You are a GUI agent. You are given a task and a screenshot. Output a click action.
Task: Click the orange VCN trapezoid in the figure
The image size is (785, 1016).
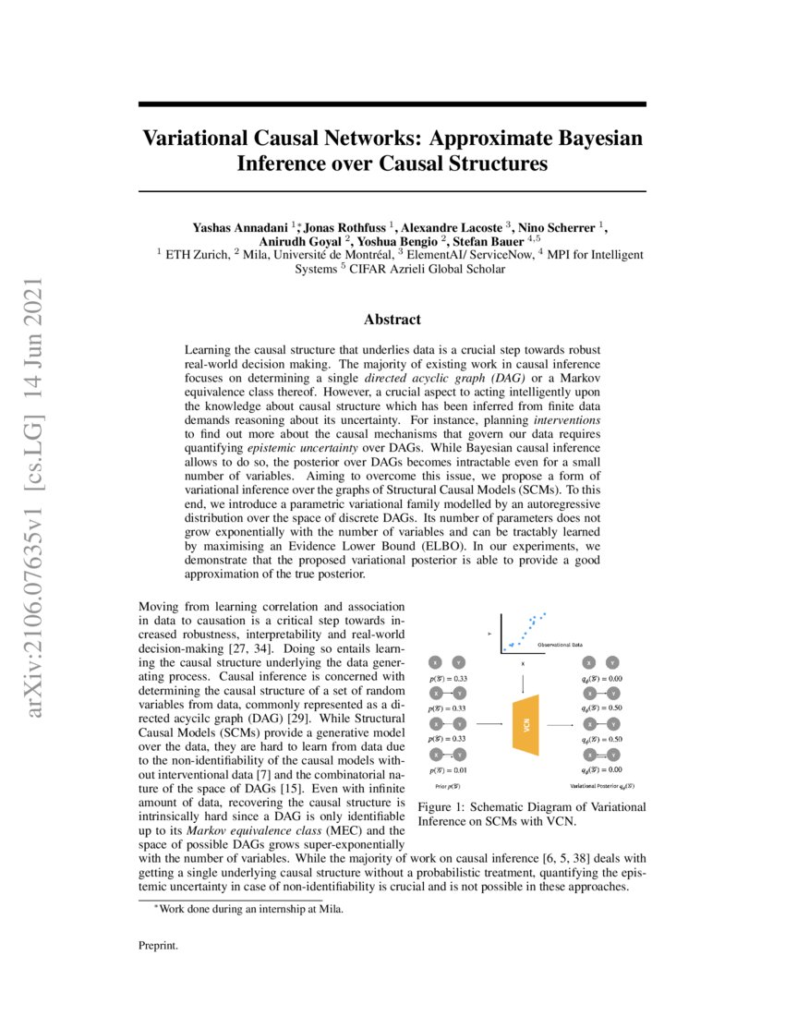[524, 726]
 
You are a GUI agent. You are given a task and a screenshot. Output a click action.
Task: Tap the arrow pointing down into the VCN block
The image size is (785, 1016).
[524, 682]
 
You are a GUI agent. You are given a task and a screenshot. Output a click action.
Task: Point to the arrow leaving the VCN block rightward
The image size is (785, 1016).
[560, 726]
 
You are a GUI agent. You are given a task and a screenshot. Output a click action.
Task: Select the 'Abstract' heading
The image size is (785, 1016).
[392, 320]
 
